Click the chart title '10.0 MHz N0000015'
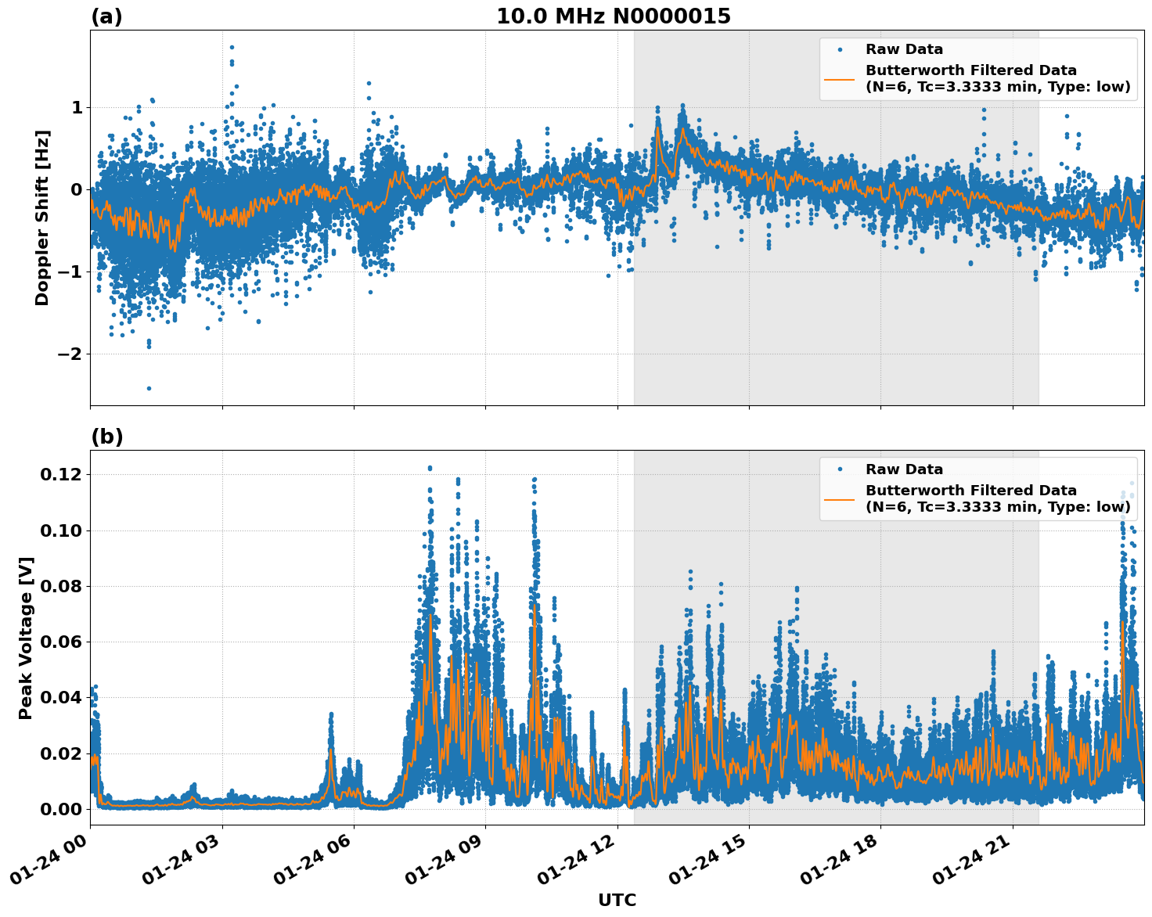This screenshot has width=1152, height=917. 613,16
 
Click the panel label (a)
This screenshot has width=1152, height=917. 106,16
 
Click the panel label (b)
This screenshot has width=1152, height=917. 107,437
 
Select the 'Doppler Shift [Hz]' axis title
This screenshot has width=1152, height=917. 42,218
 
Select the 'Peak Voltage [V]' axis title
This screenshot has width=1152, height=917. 26,638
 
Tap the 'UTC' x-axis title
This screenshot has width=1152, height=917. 617,900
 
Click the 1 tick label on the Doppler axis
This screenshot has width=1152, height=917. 76,107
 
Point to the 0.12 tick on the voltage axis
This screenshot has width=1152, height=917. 60,475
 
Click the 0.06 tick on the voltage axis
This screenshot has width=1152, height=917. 60,642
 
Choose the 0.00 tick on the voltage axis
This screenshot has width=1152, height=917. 60,809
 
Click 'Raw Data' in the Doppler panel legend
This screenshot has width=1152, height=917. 904,50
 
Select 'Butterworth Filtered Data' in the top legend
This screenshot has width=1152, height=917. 970,70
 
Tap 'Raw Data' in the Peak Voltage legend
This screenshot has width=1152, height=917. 904,469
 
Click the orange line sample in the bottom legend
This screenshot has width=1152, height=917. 840,498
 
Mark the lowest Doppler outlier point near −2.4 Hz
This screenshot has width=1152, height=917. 149,388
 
